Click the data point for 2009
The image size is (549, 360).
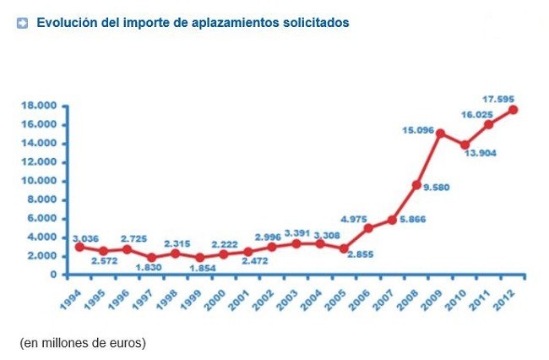coord(440,134)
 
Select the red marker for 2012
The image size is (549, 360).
coord(513,110)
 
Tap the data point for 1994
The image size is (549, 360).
coord(79,246)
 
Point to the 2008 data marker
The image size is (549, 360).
coord(416,184)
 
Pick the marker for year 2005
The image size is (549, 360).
coord(344,248)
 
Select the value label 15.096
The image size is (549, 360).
coord(418,129)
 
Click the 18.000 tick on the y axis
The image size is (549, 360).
coord(40,106)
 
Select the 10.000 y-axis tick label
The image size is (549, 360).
coord(40,181)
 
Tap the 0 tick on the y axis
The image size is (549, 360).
coord(53,275)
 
